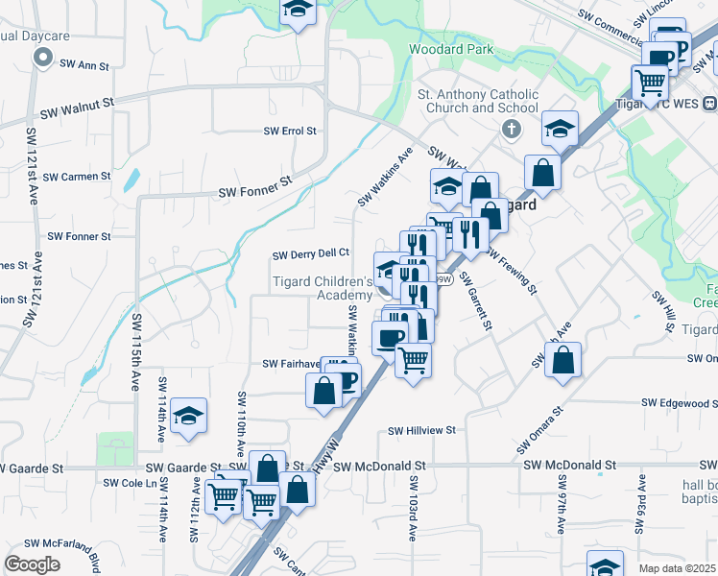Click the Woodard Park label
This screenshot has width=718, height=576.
450,49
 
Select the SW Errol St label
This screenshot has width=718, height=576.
290,132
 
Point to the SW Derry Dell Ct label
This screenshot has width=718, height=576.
310,254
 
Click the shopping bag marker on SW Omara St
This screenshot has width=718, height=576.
563,361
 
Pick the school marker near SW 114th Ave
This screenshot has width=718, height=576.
190,416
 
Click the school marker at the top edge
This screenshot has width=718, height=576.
299,11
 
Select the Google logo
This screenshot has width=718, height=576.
32,564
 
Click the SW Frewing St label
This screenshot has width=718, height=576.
510,272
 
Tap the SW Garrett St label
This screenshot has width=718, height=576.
475,300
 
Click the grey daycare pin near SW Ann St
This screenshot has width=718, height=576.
41,59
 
